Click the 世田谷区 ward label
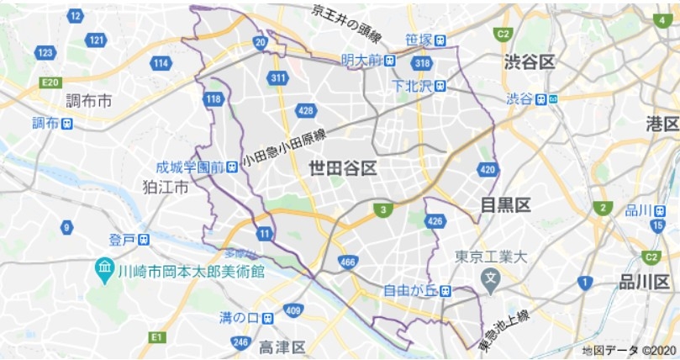pos(343,167)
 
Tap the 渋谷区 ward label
pos(530,62)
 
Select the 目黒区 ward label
pos(505,205)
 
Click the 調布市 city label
pos(89,101)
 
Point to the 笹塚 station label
pos(418,40)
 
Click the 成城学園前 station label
pos(190,167)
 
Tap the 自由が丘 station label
pos(408,291)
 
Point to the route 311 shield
pos(279,78)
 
